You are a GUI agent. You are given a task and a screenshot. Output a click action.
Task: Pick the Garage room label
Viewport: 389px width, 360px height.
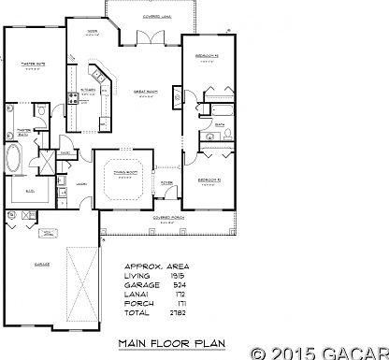[41, 266]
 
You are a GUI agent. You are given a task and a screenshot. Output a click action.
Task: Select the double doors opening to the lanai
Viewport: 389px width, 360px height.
[149, 36]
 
